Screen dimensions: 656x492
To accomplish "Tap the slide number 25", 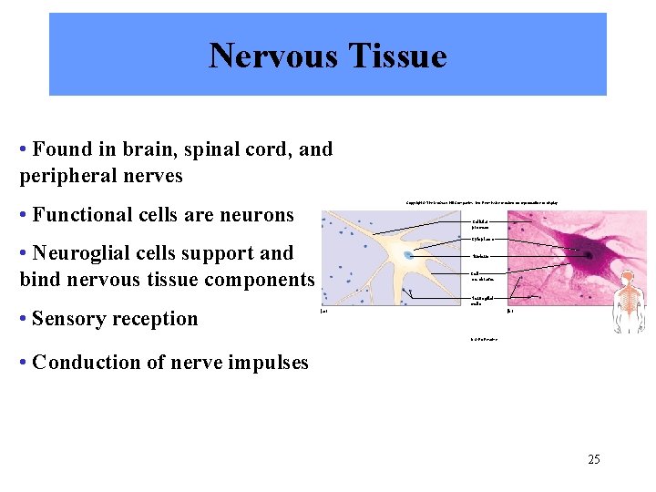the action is (593, 459).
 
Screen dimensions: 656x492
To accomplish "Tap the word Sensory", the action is (71, 319).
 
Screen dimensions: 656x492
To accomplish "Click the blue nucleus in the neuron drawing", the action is (408, 256).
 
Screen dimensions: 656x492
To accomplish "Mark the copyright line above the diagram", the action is (482, 201).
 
